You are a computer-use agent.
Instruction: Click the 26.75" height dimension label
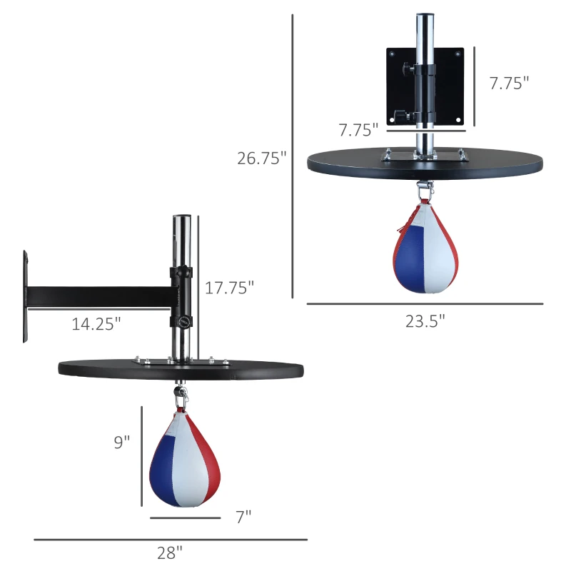click(x=262, y=158)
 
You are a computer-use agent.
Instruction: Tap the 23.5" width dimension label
click(x=425, y=321)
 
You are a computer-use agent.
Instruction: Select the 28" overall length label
click(x=170, y=552)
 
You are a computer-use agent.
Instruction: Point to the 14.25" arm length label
click(x=96, y=323)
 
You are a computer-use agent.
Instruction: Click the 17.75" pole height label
click(x=230, y=288)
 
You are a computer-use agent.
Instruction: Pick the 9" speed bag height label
click(x=122, y=443)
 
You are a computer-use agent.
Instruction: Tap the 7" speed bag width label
click(x=243, y=517)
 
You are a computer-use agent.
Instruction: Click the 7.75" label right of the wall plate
click(x=508, y=83)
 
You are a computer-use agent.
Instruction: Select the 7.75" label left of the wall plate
click(x=358, y=130)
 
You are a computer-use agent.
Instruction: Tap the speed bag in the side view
click(x=184, y=460)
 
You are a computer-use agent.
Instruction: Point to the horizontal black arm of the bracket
click(x=100, y=295)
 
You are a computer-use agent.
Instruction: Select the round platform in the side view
click(x=181, y=369)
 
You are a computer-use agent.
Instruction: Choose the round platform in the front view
click(x=425, y=162)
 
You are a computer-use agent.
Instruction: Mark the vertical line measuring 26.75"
click(x=293, y=157)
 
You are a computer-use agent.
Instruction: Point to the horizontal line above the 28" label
click(x=170, y=540)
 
